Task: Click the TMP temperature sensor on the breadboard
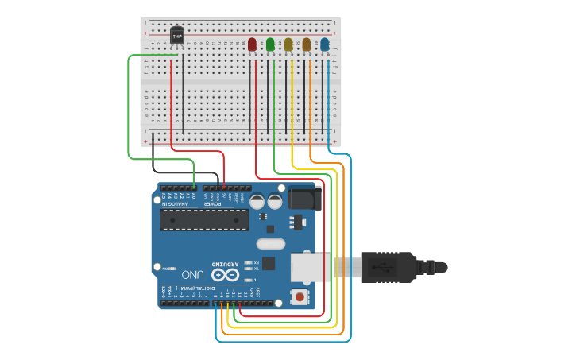coord(176,36)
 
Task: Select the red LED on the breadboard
coord(252,45)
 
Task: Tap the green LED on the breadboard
coord(270,45)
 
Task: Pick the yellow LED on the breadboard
coord(288,45)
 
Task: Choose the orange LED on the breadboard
coord(307,45)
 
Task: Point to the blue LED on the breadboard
coord(325,45)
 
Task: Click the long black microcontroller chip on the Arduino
coord(204,220)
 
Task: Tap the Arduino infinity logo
coord(225,274)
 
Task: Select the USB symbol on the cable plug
coord(384,266)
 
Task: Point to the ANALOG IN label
coord(176,204)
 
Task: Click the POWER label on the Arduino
coord(212,204)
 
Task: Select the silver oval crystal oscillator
coord(270,244)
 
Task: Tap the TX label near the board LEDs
coord(256,269)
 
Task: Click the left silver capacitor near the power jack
coord(257,202)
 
